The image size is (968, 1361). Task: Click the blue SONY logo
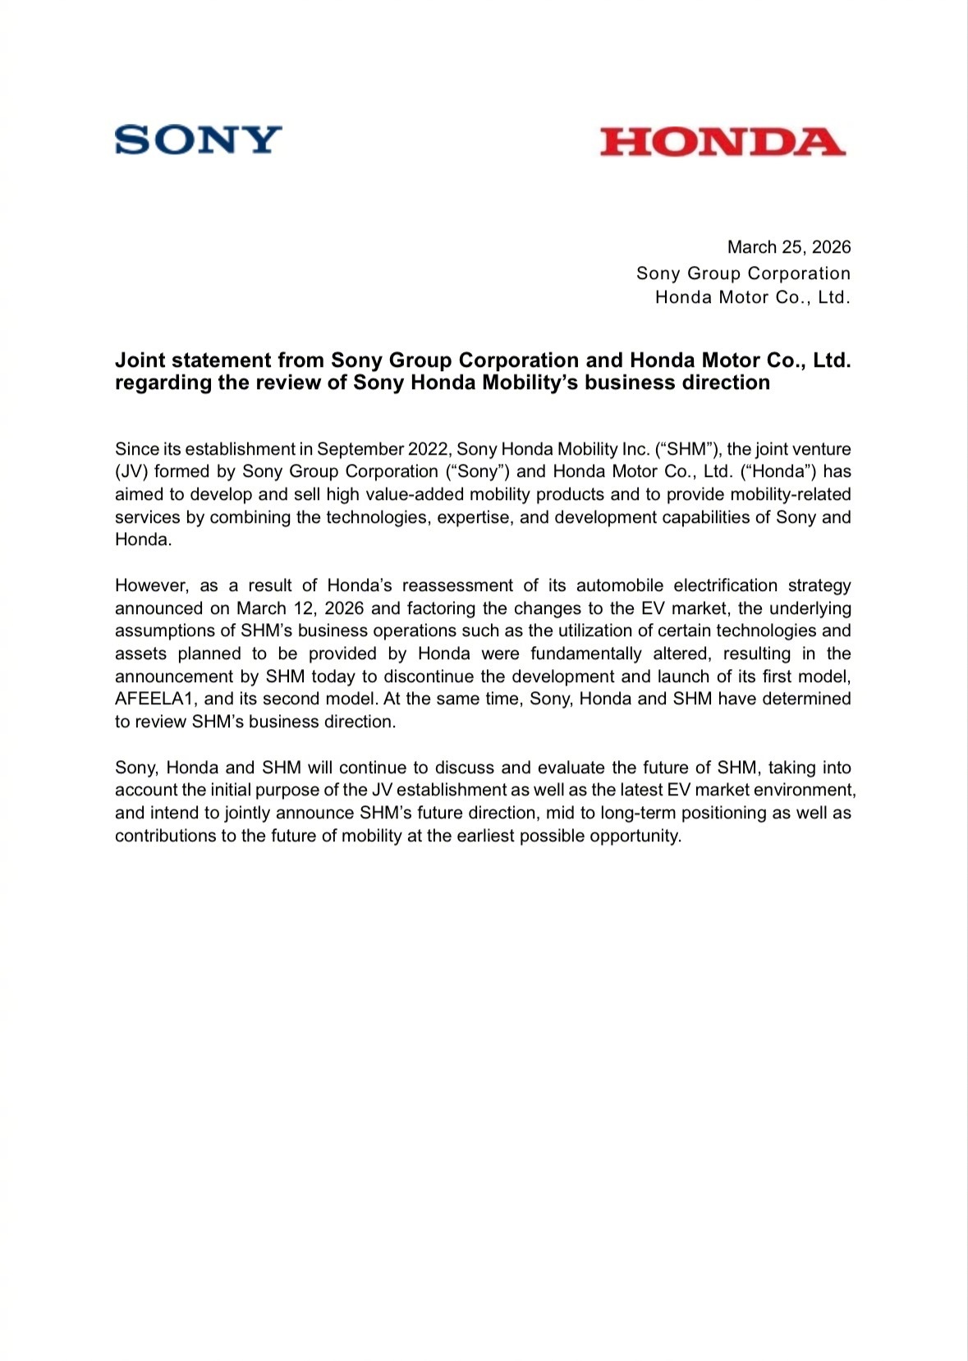(x=198, y=140)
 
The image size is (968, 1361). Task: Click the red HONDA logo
(x=722, y=142)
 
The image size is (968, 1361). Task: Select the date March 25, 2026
(x=788, y=247)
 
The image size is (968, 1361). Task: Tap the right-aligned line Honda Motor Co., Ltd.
(x=752, y=297)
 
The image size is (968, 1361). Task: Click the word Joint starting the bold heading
(x=140, y=360)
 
